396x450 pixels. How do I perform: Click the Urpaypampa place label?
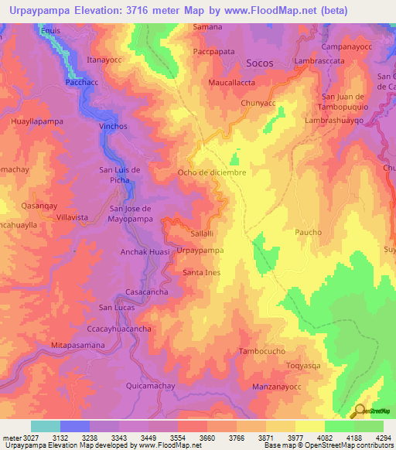pyautogui.click(x=200, y=251)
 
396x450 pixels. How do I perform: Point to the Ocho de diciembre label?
pyautogui.click(x=212, y=172)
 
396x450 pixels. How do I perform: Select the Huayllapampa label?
pyautogui.click(x=36, y=121)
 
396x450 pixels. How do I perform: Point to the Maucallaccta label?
pyautogui.click(x=233, y=81)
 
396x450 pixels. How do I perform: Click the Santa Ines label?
pyautogui.click(x=202, y=272)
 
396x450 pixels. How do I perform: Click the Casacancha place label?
pyautogui.click(x=147, y=291)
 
